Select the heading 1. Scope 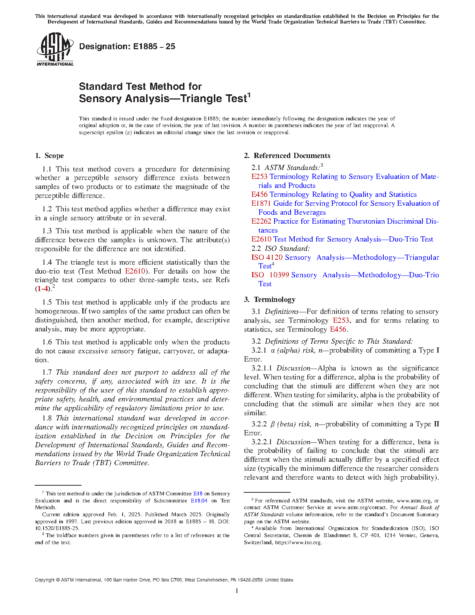pos(49,156)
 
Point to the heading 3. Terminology pos(270,300)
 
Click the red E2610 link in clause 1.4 pos(135,271)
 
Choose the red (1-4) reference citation pos(42,289)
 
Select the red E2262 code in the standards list pos(261,221)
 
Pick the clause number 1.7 pos(47,372)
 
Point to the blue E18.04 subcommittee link pos(199,501)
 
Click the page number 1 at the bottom pos(237,591)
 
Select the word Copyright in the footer pos(45,580)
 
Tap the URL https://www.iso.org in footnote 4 pos(298,543)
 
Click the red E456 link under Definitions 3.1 pos(338,329)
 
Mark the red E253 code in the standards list pos(259,177)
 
